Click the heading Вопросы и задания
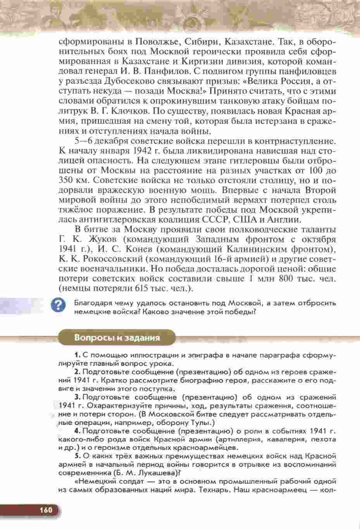117,337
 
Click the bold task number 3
78,397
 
